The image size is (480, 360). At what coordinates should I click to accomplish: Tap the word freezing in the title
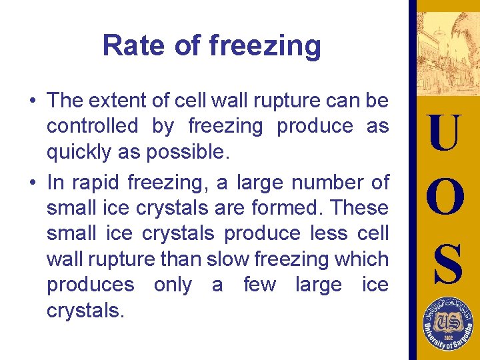[265, 47]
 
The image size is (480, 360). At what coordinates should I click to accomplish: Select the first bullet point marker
[31, 101]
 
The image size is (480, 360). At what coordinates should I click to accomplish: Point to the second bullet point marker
[31, 183]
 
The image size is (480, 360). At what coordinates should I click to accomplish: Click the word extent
[117, 101]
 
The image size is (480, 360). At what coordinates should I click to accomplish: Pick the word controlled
[93, 126]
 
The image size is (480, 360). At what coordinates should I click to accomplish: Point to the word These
[359, 207]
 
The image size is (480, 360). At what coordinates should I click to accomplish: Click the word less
[325, 233]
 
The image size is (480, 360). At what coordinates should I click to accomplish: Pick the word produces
[90, 285]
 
